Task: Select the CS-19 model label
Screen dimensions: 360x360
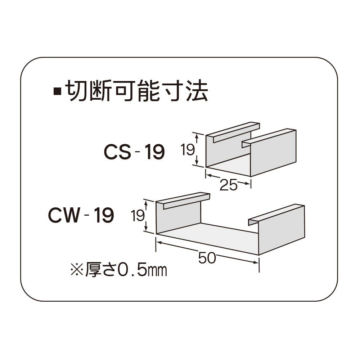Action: tap(134, 152)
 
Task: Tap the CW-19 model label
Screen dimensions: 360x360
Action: tap(81, 215)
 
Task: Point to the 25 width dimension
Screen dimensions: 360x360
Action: tap(228, 185)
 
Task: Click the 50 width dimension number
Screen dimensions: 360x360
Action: tap(207, 258)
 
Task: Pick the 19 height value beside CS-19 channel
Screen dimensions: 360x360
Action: tap(188, 149)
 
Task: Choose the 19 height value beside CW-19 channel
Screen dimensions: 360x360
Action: tap(138, 216)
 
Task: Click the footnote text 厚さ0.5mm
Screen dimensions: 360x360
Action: tap(126, 270)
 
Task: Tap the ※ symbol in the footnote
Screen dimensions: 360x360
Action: tap(77, 270)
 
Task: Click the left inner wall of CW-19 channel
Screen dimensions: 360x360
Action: tap(179, 217)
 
